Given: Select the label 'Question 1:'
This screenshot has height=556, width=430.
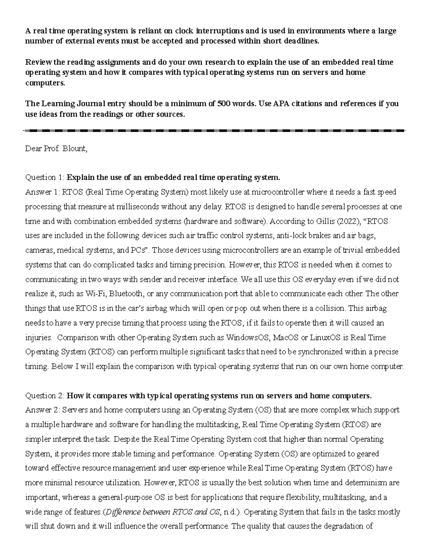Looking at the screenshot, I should (x=45, y=178).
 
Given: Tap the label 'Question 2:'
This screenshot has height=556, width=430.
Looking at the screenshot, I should (x=45, y=396).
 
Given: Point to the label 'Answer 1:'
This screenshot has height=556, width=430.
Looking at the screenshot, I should (x=43, y=192).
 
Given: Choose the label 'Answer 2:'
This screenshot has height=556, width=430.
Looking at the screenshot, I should (x=43, y=410).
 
